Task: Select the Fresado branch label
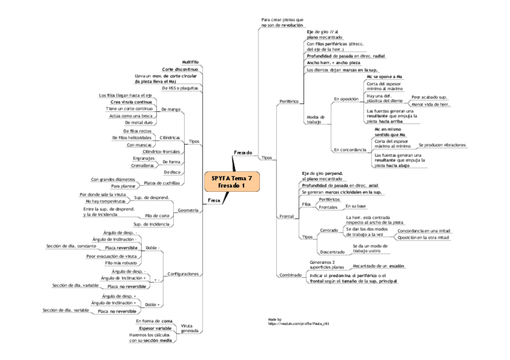[243, 153]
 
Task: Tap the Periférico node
[289, 102]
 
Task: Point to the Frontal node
[287, 216]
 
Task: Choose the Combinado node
[290, 275]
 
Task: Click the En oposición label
[346, 98]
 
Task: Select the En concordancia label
[349, 149]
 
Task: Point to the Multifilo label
[190, 62]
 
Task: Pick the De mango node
[171, 109]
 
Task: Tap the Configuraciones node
[182, 273]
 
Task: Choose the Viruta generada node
[189, 328]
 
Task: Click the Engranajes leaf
[143, 158]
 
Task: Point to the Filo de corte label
[157, 215]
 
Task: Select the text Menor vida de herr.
[430, 105]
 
